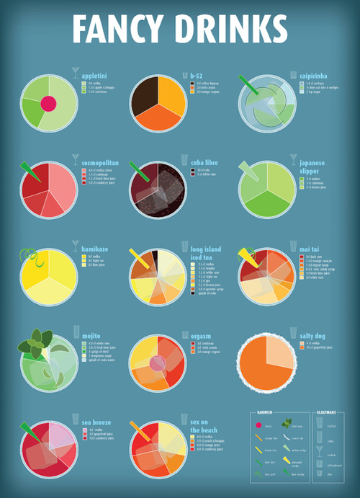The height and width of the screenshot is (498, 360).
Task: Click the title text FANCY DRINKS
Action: click(x=180, y=29)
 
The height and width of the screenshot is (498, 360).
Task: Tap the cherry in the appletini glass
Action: click(x=48, y=104)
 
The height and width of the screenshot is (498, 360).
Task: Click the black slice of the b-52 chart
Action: click(x=145, y=92)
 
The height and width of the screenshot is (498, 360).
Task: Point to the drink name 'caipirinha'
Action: click(x=313, y=76)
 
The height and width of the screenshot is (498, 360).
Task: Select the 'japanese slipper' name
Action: click(x=312, y=167)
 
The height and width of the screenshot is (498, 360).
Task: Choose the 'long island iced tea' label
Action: click(x=205, y=254)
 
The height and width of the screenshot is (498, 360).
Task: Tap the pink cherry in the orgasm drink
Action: click(x=156, y=363)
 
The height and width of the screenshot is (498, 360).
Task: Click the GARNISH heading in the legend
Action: click(x=264, y=412)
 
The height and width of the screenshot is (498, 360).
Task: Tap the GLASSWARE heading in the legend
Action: click(x=326, y=412)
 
